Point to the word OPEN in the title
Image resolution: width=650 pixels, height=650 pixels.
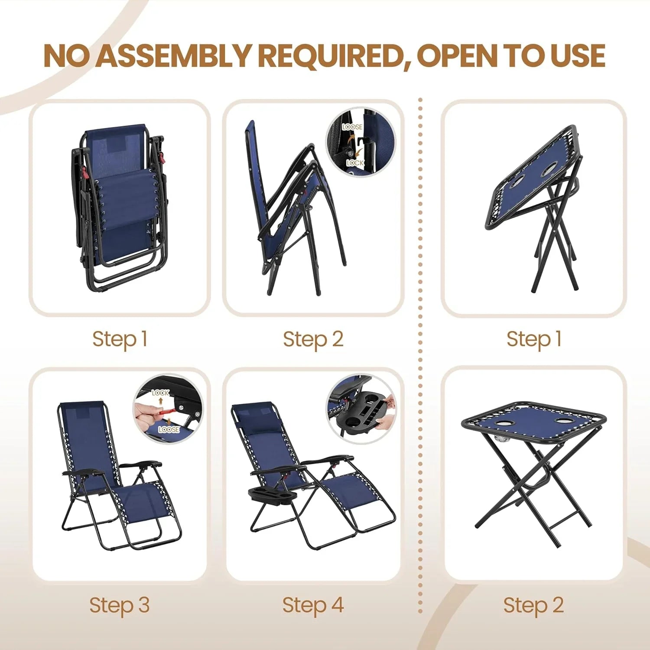[x=456, y=56]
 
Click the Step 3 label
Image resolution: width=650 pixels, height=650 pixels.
[x=119, y=605]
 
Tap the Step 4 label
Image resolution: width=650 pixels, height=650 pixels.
[x=313, y=605]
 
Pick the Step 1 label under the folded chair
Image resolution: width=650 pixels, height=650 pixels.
[x=120, y=339]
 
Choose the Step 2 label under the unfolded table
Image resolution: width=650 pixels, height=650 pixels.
[x=533, y=605]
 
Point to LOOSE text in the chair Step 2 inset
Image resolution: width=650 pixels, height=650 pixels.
[x=352, y=127]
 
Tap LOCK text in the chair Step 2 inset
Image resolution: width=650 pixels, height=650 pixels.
[x=355, y=163]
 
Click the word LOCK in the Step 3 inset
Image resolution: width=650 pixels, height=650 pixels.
[x=160, y=393]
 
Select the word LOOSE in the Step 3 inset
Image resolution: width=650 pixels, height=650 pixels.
[x=169, y=429]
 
